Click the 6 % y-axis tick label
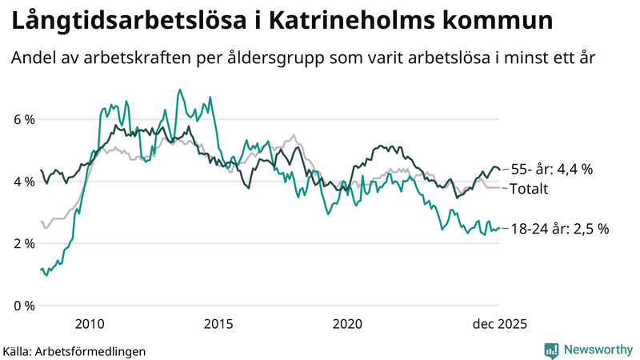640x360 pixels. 22,120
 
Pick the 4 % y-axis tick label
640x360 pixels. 22,182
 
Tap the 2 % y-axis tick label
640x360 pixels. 22,243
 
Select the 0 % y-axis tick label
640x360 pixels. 22,306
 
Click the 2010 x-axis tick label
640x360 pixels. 90,324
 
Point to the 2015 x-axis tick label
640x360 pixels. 218,324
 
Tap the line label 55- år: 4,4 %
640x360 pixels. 551,169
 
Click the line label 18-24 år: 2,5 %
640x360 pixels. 559,229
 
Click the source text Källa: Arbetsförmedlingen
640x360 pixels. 74,350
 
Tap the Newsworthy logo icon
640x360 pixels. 551,350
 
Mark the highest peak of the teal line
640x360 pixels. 179,90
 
